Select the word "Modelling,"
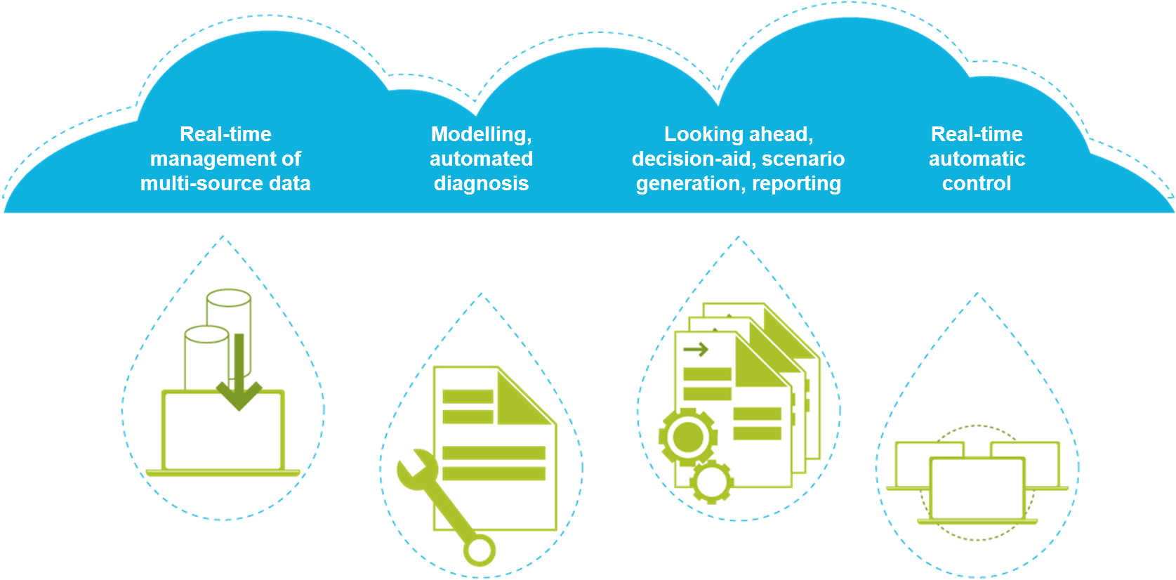pyautogui.click(x=482, y=134)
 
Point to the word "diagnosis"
pyautogui.click(x=482, y=184)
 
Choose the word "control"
pyautogui.click(x=977, y=184)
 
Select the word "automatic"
pyautogui.click(x=977, y=159)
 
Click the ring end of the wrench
pyautogui.click(x=480, y=551)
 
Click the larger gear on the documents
pyautogui.click(x=687, y=437)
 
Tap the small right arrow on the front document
pyautogui.click(x=695, y=349)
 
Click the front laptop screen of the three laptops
pyautogui.click(x=977, y=489)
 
